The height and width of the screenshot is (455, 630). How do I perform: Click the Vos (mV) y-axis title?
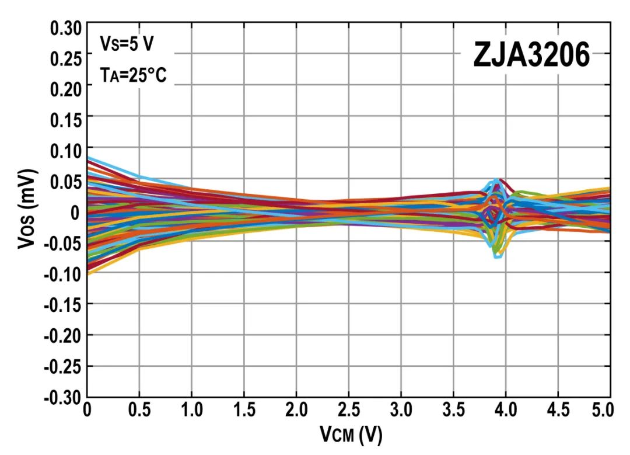pos(27,209)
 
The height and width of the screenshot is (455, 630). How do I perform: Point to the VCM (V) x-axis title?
pos(351,435)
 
